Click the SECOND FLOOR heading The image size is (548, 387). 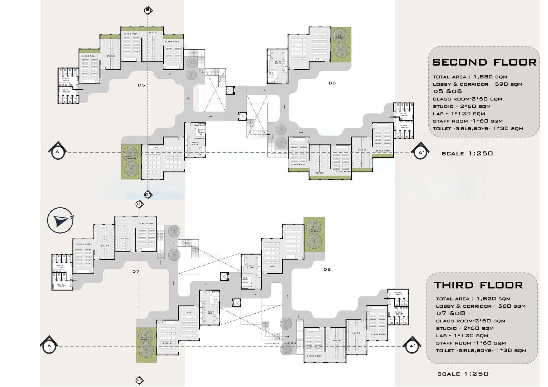(x=484, y=62)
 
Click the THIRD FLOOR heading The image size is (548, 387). (x=478, y=285)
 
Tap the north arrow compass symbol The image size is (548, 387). (x=61, y=220)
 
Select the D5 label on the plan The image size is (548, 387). (x=141, y=85)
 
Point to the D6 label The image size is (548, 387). (x=332, y=83)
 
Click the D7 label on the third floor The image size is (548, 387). (x=136, y=271)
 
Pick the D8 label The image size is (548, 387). (x=327, y=269)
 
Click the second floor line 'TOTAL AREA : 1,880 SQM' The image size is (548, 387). (x=470, y=77)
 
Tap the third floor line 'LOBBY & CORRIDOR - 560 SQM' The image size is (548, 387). (x=481, y=306)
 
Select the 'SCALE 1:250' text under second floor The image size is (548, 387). (x=467, y=153)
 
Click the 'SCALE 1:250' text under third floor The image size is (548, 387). (x=463, y=374)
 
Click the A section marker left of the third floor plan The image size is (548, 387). (x=49, y=345)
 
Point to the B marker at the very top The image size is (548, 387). (x=148, y=10)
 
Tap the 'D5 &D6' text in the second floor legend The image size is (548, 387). (x=447, y=92)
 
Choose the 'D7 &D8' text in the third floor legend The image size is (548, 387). (x=451, y=313)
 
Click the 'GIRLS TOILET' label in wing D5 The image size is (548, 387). (x=67, y=80)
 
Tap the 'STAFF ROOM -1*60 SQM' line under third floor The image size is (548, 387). (x=471, y=343)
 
